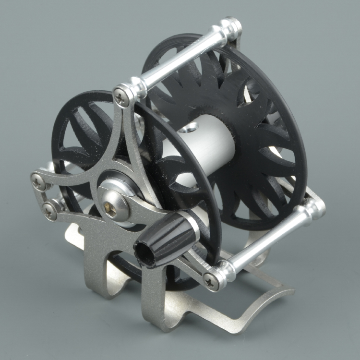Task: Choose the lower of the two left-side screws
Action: tap(49, 209)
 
